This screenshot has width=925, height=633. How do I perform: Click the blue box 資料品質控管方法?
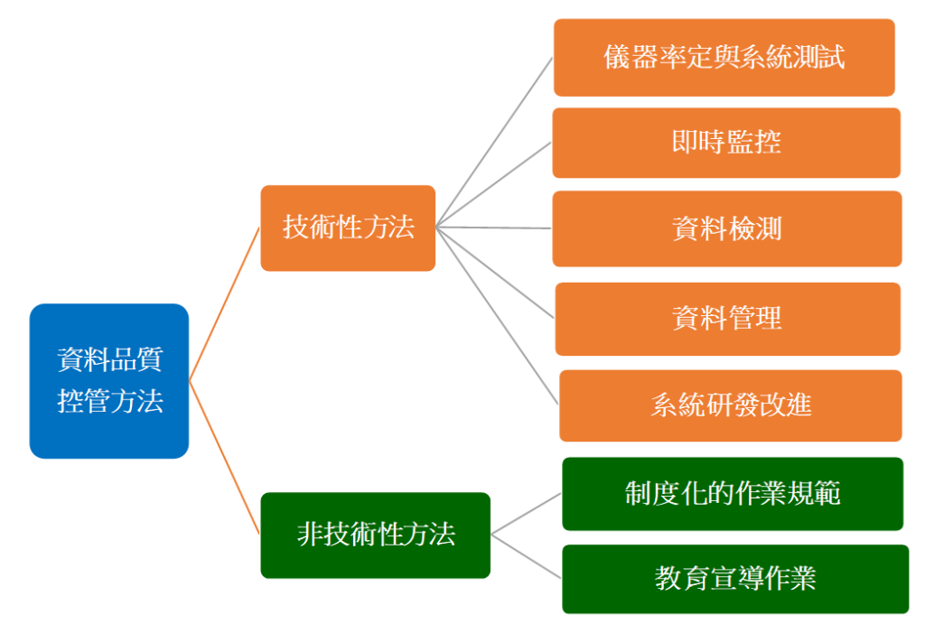[109, 380]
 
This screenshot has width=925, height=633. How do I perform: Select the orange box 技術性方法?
[348, 228]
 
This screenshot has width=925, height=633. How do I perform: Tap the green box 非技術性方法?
[375, 535]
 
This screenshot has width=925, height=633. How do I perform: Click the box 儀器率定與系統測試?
[724, 57]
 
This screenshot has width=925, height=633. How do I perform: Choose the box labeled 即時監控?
[726, 143]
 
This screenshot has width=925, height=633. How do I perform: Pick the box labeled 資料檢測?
[727, 228]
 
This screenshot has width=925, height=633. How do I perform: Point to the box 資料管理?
[727, 319]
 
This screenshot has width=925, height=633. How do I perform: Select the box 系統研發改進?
[730, 405]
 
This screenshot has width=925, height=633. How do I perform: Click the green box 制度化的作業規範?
[733, 494]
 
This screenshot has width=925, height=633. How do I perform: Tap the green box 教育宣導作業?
[735, 579]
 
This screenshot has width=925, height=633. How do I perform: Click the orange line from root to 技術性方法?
[224, 304]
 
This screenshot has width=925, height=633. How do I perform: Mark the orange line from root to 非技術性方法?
[224, 458]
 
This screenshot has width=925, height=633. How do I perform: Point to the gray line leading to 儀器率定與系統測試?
[494, 142]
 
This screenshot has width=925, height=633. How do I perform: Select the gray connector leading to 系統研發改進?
[498, 316]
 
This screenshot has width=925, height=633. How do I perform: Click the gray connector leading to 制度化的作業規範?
[527, 514]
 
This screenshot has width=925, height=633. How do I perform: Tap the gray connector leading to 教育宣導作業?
[527, 556]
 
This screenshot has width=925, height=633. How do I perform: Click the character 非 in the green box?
[311, 535]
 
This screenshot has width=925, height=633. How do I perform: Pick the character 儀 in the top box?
[616, 57]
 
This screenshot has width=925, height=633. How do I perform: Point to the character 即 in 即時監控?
[686, 142]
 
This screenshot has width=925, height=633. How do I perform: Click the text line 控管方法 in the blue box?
[109, 402]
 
